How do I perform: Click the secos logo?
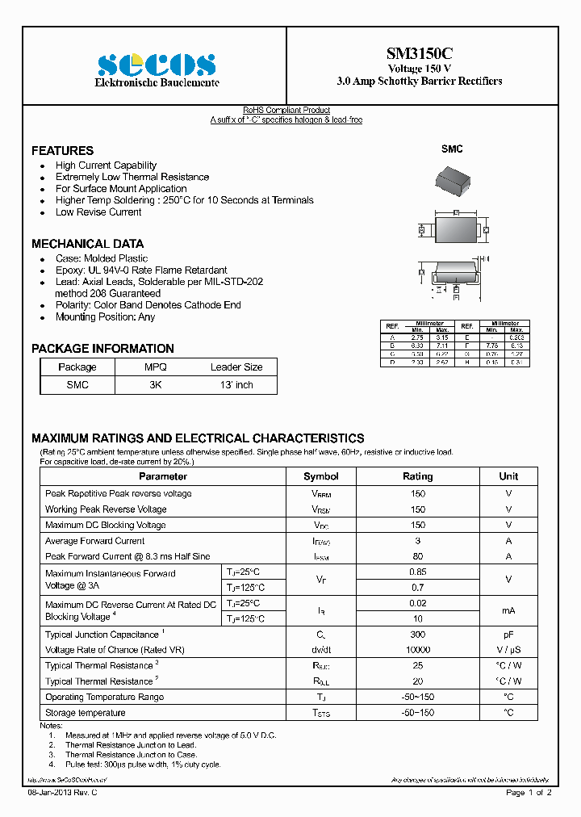pyautogui.click(x=157, y=65)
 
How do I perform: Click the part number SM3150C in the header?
pyautogui.click(x=419, y=54)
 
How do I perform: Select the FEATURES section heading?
pyautogui.click(x=62, y=151)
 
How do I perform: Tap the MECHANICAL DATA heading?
pyautogui.click(x=87, y=244)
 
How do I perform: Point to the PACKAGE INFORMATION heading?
pyautogui.click(x=102, y=349)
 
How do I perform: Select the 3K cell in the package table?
pyautogui.click(x=155, y=385)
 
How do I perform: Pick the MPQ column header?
pyautogui.click(x=155, y=367)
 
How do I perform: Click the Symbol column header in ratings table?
pyautogui.click(x=320, y=476)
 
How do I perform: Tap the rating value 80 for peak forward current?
pyautogui.click(x=417, y=556)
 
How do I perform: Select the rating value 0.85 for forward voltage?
pyautogui.click(x=417, y=572)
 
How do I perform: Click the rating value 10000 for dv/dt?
pyautogui.click(x=417, y=650)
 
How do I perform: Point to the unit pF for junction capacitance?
pyautogui.click(x=508, y=635)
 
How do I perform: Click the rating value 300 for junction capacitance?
pyautogui.click(x=417, y=635)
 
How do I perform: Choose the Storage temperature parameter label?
pyautogui.click(x=86, y=713)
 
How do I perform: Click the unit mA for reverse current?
pyautogui.click(x=508, y=611)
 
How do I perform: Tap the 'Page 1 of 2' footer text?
pyautogui.click(x=529, y=793)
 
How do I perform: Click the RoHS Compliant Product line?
pyautogui.click(x=286, y=111)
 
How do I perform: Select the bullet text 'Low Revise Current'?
pyautogui.click(x=98, y=212)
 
